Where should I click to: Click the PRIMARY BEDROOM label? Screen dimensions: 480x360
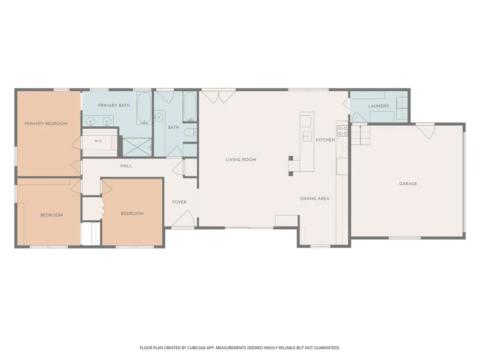click(x=46, y=124)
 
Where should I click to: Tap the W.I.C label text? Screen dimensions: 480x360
click(x=98, y=141)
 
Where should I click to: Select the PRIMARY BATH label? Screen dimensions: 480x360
click(x=114, y=105)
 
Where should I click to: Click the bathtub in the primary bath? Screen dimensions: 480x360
click(x=144, y=108)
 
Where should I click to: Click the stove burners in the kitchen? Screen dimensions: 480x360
click(x=342, y=131)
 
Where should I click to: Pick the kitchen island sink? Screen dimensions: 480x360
click(x=307, y=136)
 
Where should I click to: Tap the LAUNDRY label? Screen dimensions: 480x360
click(x=379, y=106)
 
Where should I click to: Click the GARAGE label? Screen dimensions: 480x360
click(x=408, y=184)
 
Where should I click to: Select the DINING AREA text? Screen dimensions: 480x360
click(x=315, y=199)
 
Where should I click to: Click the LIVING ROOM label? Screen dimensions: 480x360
click(x=241, y=159)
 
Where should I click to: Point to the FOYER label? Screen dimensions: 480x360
click(x=180, y=202)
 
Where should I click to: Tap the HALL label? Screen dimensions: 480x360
click(x=126, y=166)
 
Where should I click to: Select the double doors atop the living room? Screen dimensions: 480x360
click(x=218, y=96)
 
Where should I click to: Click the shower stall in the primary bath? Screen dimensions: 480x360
click(x=137, y=147)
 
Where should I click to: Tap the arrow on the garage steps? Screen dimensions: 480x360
click(x=360, y=135)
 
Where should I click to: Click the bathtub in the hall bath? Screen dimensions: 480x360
click(x=190, y=107)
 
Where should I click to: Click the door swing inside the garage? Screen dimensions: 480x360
click(x=425, y=131)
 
